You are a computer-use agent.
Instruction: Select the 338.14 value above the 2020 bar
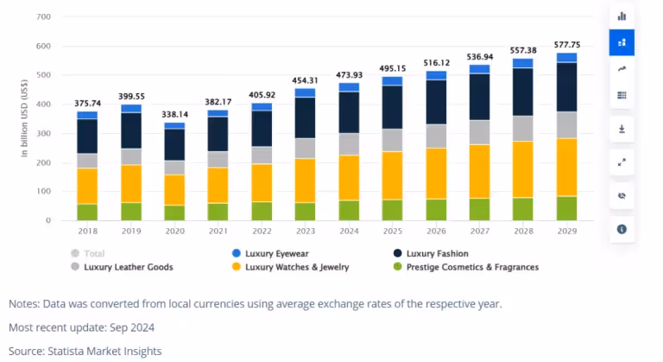click(x=175, y=112)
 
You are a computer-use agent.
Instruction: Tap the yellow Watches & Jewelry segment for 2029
click(x=566, y=167)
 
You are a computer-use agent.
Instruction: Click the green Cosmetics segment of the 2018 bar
click(x=87, y=212)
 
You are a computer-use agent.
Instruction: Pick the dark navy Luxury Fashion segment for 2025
click(x=391, y=106)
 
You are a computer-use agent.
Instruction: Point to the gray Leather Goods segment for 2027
click(x=479, y=131)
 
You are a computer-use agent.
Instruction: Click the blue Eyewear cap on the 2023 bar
click(x=304, y=92)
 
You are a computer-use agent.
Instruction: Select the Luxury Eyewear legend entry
click(x=272, y=252)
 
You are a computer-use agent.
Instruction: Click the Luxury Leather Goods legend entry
click(x=123, y=267)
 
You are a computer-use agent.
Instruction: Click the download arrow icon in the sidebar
click(x=622, y=129)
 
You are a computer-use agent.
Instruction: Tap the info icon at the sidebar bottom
click(x=622, y=230)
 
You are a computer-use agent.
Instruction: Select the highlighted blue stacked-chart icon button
click(x=622, y=42)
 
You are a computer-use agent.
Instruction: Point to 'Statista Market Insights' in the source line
click(x=105, y=351)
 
